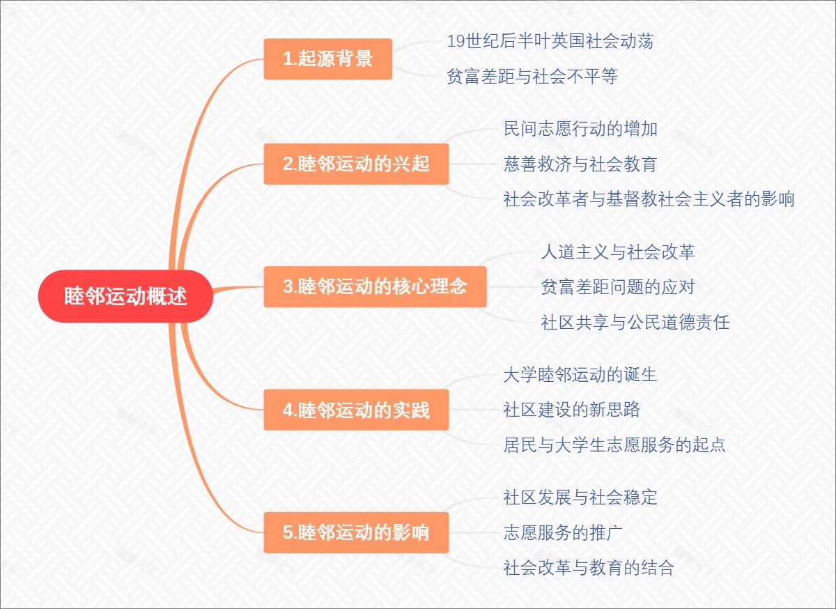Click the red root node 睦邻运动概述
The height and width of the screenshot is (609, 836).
[125, 296]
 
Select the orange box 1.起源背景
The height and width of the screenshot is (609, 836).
[327, 59]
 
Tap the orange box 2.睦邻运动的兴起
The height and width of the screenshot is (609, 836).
[356, 164]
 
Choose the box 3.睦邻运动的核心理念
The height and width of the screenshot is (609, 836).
[375, 286]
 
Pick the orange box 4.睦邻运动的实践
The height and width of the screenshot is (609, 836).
[356, 410]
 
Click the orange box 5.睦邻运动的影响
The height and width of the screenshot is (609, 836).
[356, 533]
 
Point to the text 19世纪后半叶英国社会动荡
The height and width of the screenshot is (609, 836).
[550, 41]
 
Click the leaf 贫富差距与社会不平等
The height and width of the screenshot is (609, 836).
[532, 77]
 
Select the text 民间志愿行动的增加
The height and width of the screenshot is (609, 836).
[580, 129]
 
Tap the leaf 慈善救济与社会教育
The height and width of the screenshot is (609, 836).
[580, 164]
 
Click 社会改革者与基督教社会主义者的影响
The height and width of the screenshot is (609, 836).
[649, 200]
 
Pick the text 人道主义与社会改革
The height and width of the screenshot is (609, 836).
[617, 252]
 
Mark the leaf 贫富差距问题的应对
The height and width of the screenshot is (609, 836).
[617, 286]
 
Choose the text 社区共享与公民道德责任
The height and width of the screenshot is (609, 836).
[635, 323]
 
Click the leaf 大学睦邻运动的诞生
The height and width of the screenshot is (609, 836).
[580, 375]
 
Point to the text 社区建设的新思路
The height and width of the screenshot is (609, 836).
[571, 410]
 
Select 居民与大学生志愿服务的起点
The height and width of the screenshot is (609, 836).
[614, 445]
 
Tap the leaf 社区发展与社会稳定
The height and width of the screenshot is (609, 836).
[580, 498]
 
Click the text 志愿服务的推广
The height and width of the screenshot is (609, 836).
[563, 533]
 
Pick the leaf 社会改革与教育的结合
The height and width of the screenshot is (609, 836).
[589, 568]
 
